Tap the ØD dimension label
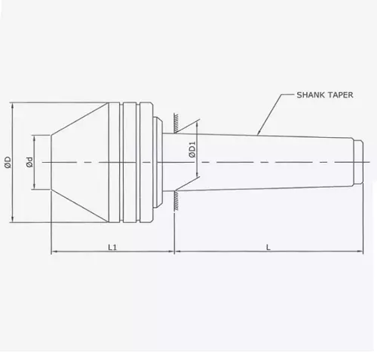(x=8, y=161)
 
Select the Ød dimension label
(x=29, y=162)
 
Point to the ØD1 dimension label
(x=192, y=150)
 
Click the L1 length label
(x=112, y=246)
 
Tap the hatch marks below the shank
(x=173, y=198)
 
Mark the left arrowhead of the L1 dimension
(x=54, y=252)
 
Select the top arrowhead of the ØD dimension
(x=13, y=105)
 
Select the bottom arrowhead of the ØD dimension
(x=13, y=219)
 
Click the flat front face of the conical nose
(x=51, y=162)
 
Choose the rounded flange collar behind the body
(x=157, y=162)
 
